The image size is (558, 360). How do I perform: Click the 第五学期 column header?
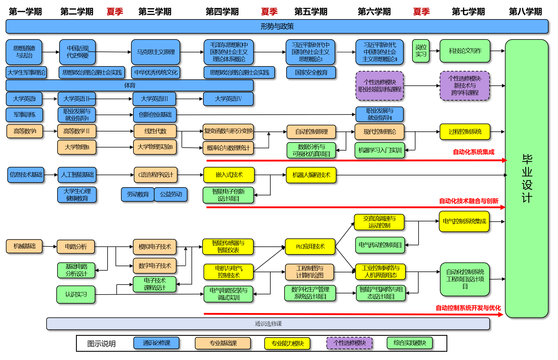[x=311, y=12]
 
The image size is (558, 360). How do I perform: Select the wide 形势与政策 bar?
[x=277, y=26]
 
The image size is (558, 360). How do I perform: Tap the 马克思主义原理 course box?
[x=156, y=52]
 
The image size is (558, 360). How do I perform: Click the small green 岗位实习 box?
[x=421, y=51]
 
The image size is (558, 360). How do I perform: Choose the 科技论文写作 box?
[x=465, y=51]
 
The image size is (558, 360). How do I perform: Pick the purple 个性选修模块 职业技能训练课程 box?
[x=380, y=86]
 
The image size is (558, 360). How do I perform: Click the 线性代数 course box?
[x=155, y=131]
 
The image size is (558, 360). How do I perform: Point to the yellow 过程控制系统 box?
[x=465, y=132]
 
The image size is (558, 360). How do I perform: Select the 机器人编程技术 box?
[x=311, y=175]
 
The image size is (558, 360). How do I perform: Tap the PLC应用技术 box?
[x=310, y=246]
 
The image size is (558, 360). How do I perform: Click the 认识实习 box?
[x=76, y=294]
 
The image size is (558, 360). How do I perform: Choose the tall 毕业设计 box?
[x=527, y=178]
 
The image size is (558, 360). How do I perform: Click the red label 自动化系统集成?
[x=473, y=152]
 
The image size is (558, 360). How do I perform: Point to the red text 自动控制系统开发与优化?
[x=468, y=308]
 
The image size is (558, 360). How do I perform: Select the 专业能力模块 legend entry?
[x=287, y=343]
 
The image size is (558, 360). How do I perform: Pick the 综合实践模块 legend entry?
[x=410, y=343]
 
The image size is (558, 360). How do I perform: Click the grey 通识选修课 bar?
[x=268, y=324]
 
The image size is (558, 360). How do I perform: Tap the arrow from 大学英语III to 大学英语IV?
[x=189, y=99]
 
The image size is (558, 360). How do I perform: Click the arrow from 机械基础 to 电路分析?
[x=50, y=246]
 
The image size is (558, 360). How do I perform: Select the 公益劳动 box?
[x=171, y=194]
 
